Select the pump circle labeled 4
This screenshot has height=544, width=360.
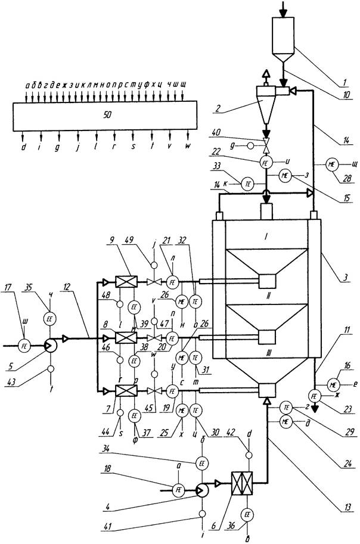coord(203,489)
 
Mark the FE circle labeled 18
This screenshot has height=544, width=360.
coord(178,490)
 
